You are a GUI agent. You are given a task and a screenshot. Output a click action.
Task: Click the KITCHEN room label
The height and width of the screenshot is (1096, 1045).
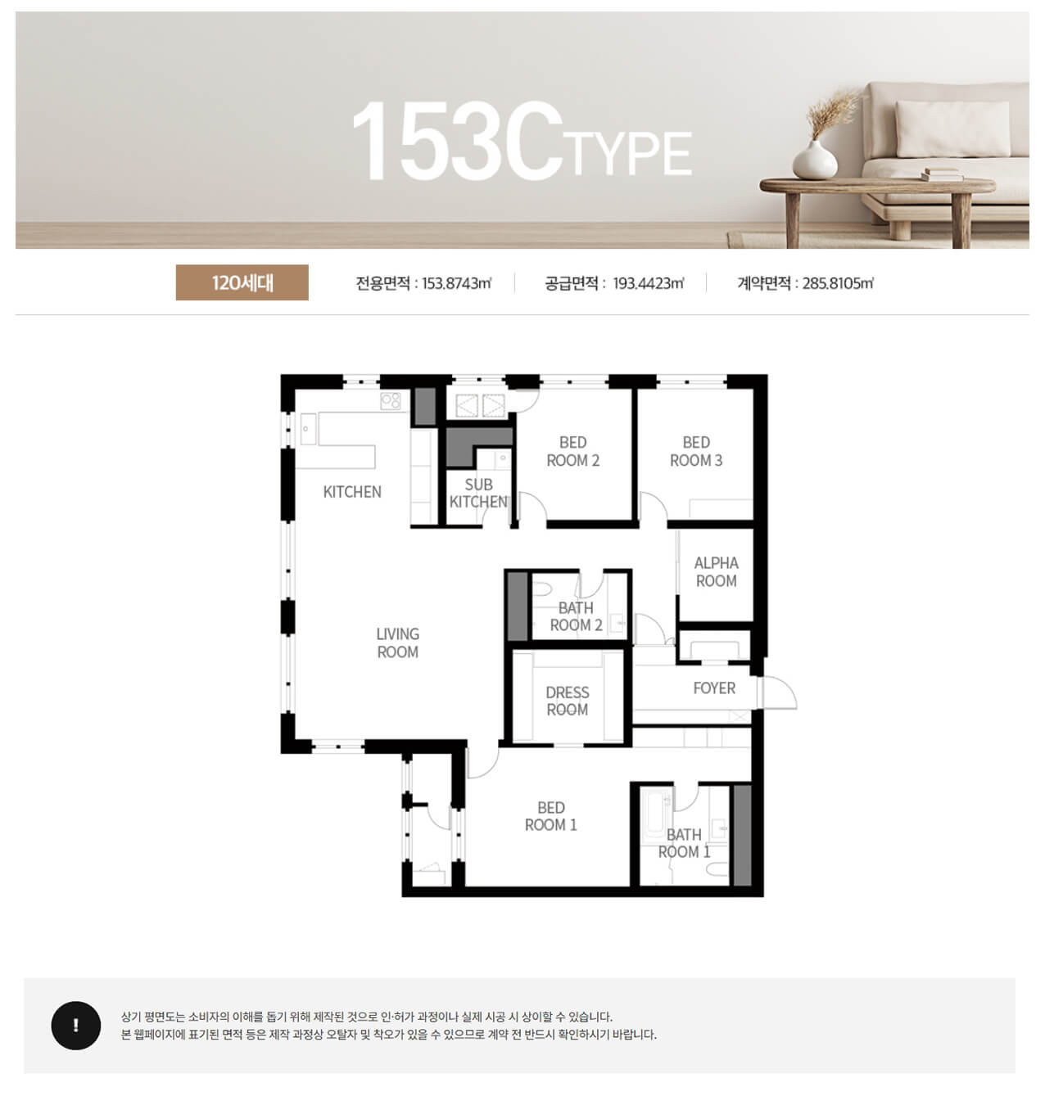(x=352, y=492)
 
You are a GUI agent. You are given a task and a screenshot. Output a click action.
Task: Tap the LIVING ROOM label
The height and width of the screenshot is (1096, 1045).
(x=397, y=643)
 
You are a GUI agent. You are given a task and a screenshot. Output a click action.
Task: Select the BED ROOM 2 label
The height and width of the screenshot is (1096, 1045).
(x=572, y=451)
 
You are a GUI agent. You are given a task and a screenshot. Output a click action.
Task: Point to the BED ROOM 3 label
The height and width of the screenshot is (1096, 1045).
(x=696, y=451)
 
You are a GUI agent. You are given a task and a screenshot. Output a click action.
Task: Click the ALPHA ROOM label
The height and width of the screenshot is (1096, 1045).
(x=716, y=571)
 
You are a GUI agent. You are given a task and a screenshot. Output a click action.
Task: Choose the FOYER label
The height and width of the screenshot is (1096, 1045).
(x=713, y=688)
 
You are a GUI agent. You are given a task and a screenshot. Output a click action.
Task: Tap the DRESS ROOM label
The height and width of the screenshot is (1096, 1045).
(x=567, y=701)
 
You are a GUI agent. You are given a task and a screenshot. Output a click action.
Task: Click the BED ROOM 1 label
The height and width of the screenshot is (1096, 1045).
(x=550, y=816)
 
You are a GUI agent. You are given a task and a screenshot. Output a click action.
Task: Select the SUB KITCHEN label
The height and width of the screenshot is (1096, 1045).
(x=478, y=493)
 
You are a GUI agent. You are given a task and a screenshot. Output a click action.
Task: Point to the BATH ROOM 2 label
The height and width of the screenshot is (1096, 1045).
(x=576, y=616)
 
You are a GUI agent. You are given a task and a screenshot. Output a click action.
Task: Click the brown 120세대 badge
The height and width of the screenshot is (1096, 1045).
(x=242, y=282)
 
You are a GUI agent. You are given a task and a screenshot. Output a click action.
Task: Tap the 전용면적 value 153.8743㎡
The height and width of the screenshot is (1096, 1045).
(x=456, y=283)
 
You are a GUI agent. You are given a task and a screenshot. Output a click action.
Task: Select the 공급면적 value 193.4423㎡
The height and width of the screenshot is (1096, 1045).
(x=649, y=283)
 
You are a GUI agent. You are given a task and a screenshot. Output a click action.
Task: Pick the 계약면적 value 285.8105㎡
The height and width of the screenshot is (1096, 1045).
(x=838, y=283)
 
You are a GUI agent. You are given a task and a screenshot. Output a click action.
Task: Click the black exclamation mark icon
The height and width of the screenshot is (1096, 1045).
(x=76, y=1026)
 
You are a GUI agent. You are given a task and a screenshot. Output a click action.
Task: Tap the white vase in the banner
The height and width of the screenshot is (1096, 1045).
(x=814, y=160)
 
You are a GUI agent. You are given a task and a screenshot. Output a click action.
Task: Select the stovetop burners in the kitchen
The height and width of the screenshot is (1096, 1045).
(x=390, y=401)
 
